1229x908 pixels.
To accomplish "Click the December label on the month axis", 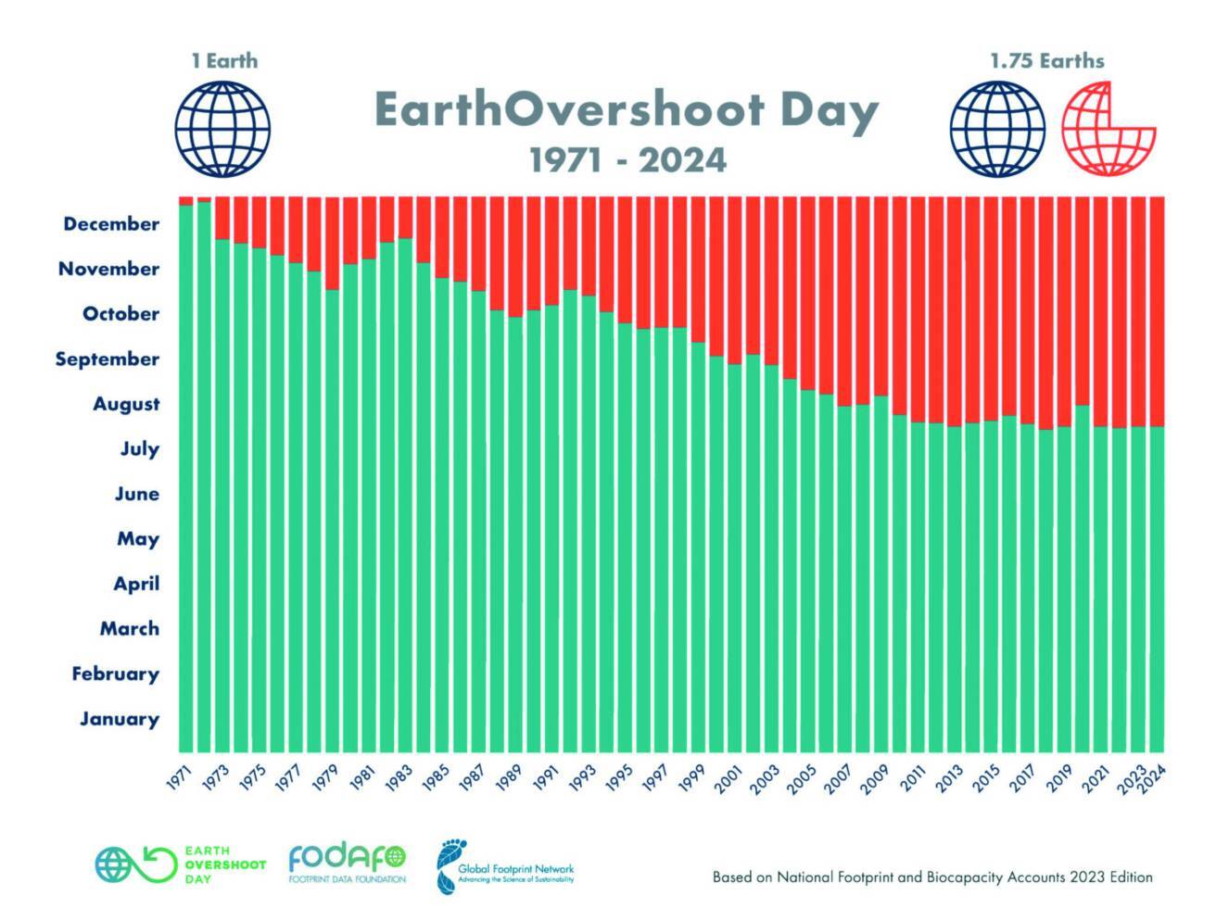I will click(111, 224).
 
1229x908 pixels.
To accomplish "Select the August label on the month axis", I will click(126, 404).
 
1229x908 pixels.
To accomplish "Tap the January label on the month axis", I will click(120, 719).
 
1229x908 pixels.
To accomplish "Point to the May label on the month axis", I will click(138, 539).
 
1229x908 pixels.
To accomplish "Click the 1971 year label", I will click(179, 779).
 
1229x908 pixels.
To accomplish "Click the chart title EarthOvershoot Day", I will click(626, 111).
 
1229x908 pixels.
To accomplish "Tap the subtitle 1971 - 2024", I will click(627, 160).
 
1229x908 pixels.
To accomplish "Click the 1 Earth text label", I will click(224, 61).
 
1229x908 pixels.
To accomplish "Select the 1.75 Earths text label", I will click(1046, 61).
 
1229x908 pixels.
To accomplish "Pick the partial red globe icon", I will click(1109, 129).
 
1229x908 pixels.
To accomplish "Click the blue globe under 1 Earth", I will click(222, 129).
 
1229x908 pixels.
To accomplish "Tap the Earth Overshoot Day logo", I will click(181, 864).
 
